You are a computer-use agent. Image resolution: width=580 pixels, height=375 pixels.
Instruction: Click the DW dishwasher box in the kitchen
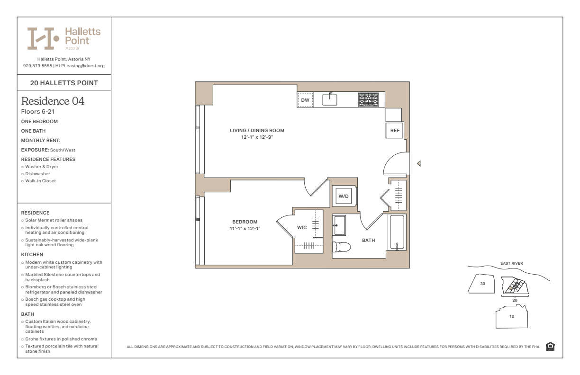[305, 100]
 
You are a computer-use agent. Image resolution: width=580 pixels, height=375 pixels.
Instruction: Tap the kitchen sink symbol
[330, 99]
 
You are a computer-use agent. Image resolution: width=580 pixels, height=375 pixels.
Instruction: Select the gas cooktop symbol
[368, 99]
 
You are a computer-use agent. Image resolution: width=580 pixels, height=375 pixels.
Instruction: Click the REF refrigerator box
[394, 130]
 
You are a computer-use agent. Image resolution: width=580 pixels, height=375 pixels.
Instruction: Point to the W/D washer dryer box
[344, 196]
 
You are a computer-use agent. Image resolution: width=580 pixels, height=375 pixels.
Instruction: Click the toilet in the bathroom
[341, 247]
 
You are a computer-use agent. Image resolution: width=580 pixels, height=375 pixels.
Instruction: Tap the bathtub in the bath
[397, 232]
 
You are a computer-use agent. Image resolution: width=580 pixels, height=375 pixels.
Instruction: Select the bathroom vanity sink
[339, 225]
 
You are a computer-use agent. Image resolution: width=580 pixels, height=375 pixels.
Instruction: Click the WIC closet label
[302, 227]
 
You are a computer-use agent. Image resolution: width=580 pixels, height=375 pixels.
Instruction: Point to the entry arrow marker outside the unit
[419, 163]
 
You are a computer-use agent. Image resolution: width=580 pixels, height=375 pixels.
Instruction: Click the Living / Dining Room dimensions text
[257, 137]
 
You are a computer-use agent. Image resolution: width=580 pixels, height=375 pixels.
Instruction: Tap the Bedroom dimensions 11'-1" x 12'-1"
[245, 229]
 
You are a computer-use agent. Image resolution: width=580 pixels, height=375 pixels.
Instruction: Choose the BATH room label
[369, 241]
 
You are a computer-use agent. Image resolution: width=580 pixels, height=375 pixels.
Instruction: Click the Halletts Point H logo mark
[43, 38]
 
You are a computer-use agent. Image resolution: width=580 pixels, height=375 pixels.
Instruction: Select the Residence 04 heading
[53, 101]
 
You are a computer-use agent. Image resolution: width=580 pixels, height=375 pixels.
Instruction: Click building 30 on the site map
[481, 284]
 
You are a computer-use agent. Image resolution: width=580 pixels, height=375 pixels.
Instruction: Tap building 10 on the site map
[512, 316]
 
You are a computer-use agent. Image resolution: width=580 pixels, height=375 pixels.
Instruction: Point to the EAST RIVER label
[512, 263]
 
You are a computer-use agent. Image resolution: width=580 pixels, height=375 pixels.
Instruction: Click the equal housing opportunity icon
[550, 346]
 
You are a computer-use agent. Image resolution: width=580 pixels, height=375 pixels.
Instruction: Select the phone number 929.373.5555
[37, 66]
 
